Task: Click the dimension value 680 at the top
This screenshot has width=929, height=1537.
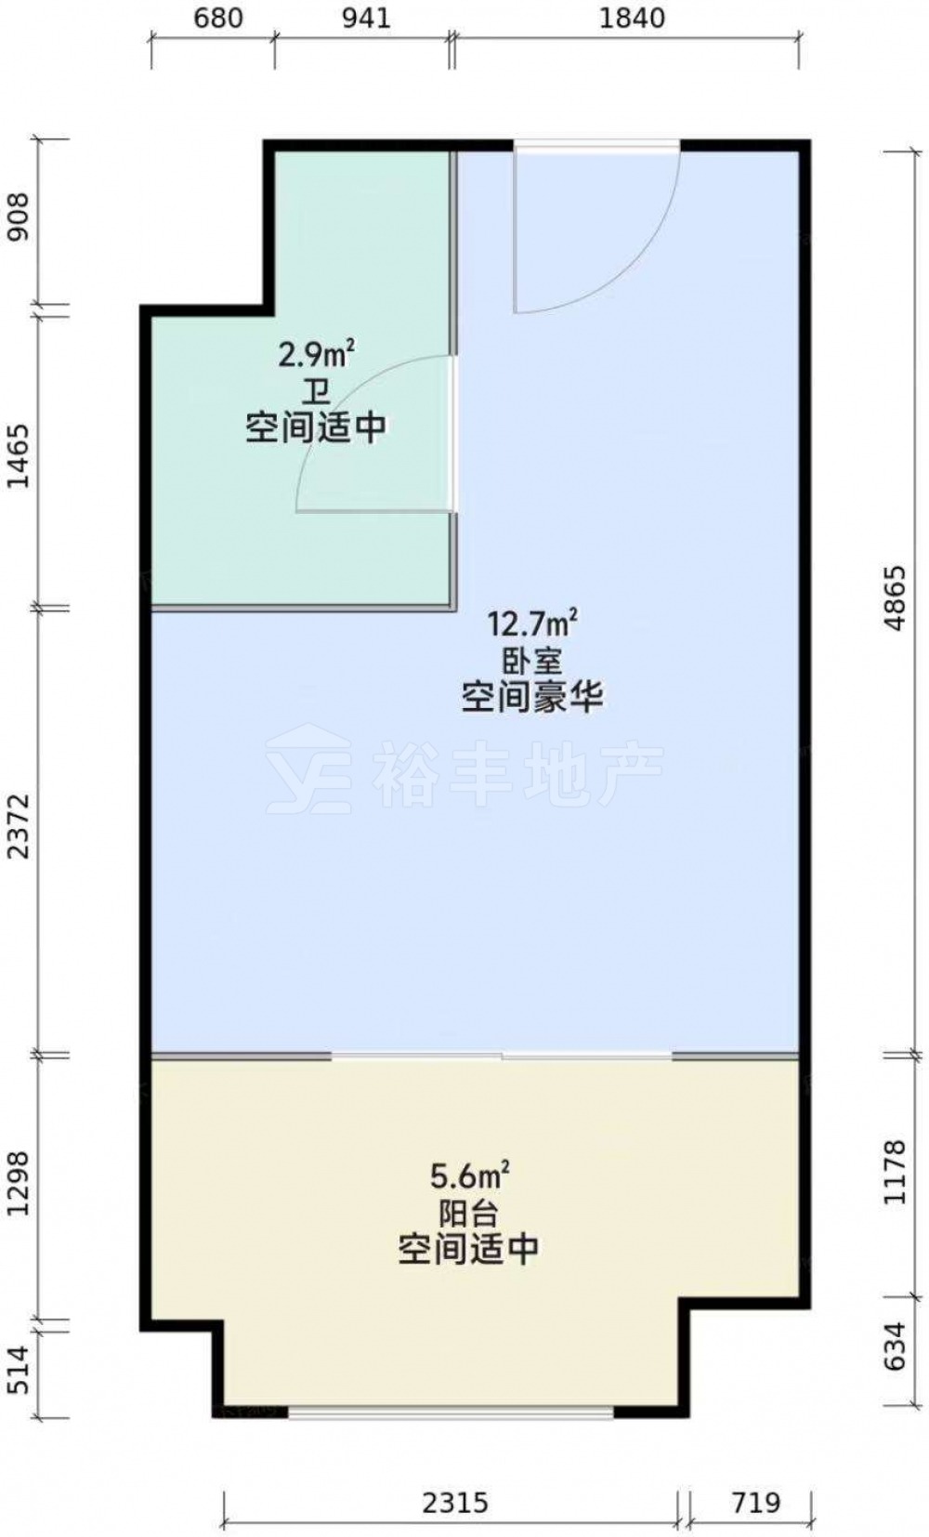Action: pos(218,18)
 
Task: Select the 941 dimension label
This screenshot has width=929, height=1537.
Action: pos(366,18)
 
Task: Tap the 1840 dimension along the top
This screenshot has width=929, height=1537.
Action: pos(632,18)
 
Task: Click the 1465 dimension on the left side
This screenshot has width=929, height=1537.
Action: pos(20,455)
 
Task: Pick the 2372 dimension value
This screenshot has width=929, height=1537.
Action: pos(20,825)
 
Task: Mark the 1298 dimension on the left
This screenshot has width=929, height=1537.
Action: pos(20,1182)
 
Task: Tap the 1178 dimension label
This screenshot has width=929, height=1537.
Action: pos(896,1171)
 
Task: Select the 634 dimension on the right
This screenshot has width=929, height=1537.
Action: pos(896,1346)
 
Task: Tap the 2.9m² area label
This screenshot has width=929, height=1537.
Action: pos(316,354)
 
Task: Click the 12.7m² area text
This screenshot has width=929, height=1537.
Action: pos(532,623)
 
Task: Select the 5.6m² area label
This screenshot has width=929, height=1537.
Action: pos(469,1176)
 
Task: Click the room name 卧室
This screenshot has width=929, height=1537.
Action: pos(532,660)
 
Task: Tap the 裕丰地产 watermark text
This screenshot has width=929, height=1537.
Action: pos(518,774)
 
